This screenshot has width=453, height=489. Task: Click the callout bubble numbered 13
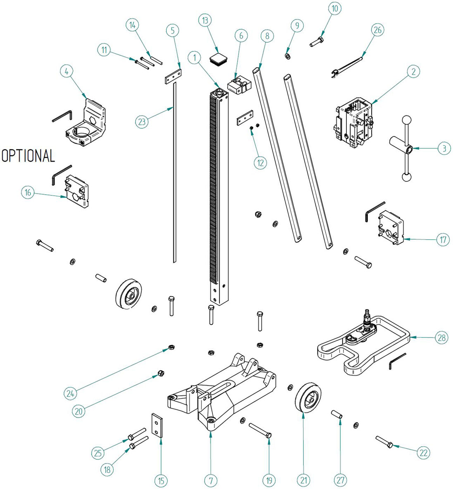(x=205, y=20)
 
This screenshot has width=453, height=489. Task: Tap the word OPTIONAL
(x=28, y=156)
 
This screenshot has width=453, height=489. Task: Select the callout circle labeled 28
(x=441, y=338)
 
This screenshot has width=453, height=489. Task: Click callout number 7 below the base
(x=211, y=480)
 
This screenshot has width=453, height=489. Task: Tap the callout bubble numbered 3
(x=444, y=148)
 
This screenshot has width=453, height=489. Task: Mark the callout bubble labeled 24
(x=71, y=393)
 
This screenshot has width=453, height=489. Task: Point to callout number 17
(x=443, y=239)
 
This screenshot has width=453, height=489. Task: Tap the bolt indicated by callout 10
(x=317, y=41)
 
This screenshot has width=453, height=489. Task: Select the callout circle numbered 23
(x=142, y=122)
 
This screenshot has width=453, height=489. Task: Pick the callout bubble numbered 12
(x=260, y=162)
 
